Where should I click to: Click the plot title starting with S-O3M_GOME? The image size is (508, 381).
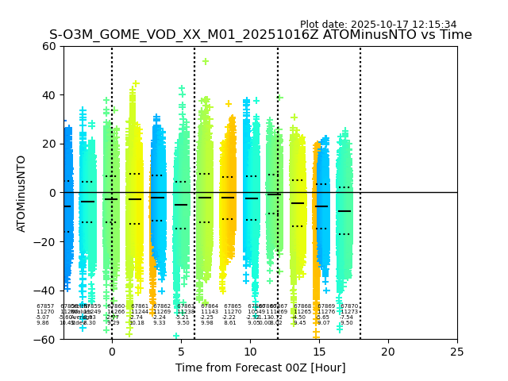260,35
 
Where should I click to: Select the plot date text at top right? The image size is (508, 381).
378,25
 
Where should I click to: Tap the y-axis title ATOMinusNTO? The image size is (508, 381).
22,193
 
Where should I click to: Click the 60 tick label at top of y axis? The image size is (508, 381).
48,46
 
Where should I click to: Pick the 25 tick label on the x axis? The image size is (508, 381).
457,352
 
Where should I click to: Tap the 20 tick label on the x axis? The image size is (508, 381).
388,352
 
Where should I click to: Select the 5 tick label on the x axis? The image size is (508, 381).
181,352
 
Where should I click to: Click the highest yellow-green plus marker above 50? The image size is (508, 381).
206,61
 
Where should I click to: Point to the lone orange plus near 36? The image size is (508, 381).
229,104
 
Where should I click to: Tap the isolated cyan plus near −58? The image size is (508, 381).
176,336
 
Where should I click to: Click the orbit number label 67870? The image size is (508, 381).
349,306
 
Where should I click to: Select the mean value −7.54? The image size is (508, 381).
346,317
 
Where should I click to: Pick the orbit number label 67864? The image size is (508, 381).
210,306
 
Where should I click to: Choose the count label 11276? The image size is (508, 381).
326,311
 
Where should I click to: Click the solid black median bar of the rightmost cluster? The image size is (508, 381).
344,211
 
